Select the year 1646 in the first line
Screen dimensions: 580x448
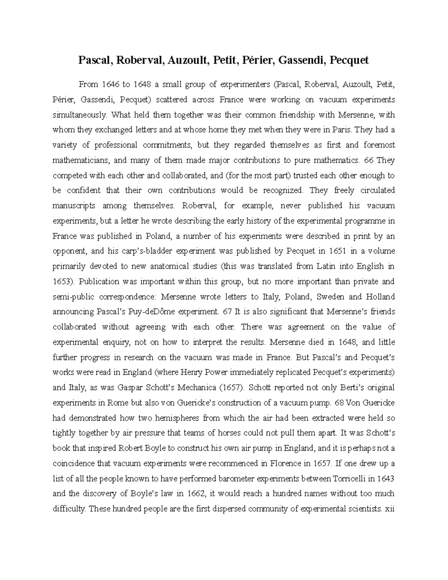(109, 84)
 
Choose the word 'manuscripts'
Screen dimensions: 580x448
(74, 206)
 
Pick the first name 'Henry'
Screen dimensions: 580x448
(191, 372)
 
